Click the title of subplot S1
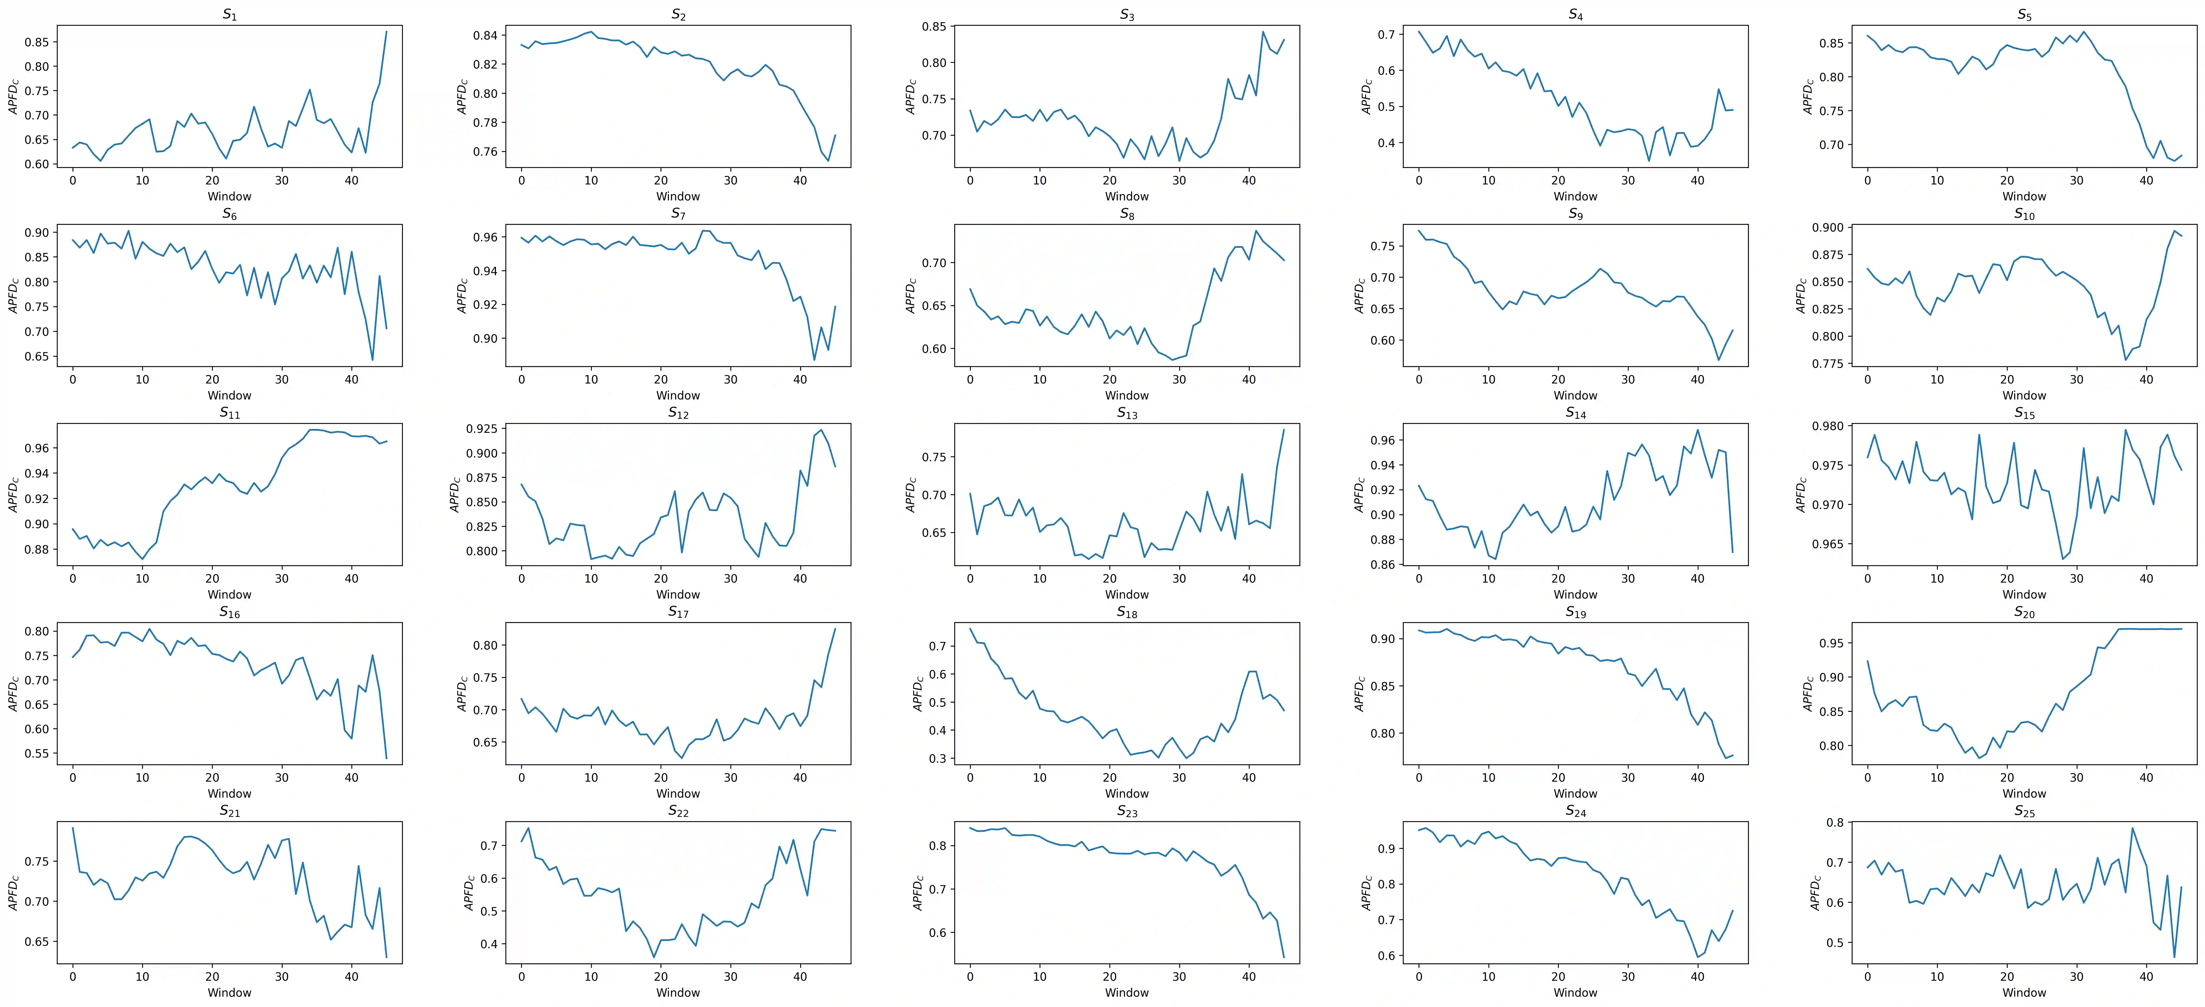[229, 15]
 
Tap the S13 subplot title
[1126, 413]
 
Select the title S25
[2024, 811]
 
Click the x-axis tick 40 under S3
[1249, 181]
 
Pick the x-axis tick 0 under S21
[73, 977]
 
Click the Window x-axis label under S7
[678, 396]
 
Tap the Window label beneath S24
[1575, 992]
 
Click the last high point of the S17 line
[835, 629]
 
